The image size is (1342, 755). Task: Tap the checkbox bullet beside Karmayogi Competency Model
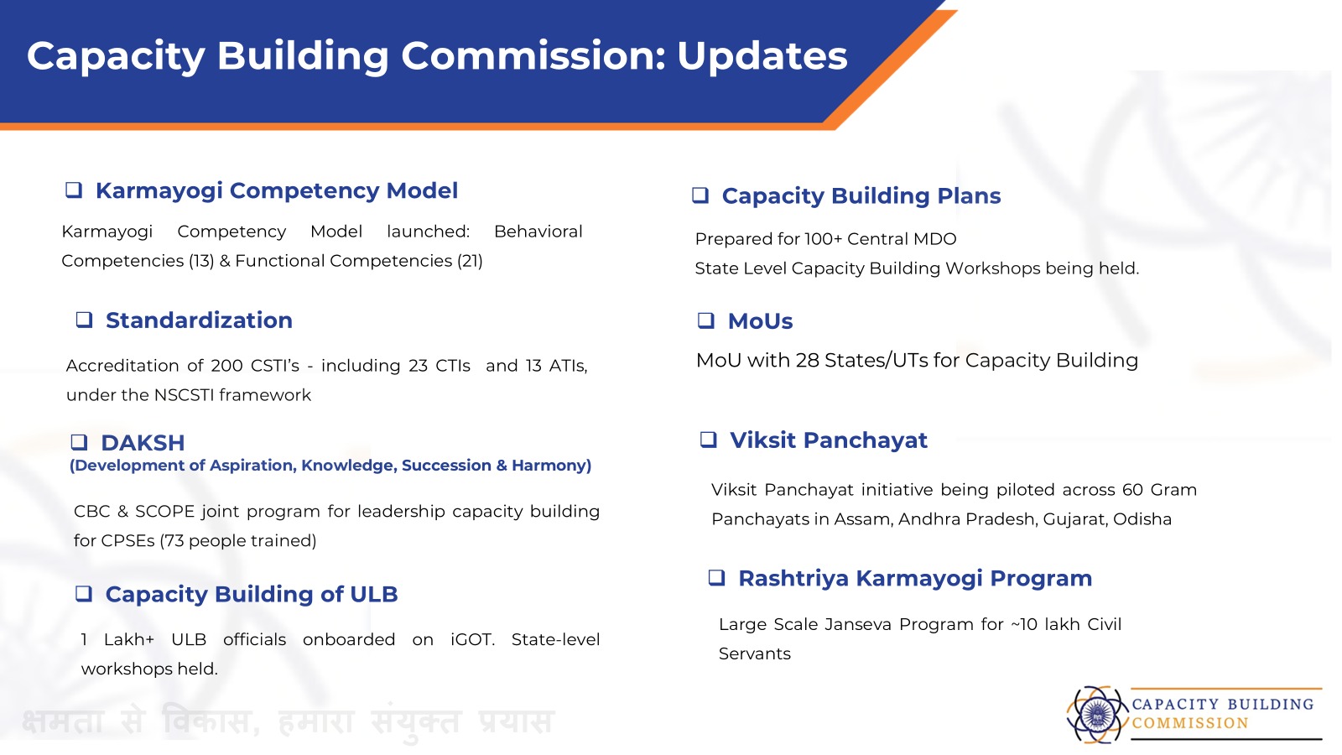click(x=74, y=190)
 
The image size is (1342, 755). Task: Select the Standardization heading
click(x=199, y=320)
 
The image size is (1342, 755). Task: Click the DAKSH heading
click(x=143, y=443)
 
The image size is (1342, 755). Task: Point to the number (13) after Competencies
click(x=201, y=261)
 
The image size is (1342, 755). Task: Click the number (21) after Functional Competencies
click(x=470, y=261)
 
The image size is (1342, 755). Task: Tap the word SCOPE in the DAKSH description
click(x=164, y=512)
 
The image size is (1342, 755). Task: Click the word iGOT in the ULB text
click(x=472, y=640)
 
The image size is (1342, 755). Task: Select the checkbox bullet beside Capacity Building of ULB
click(x=84, y=594)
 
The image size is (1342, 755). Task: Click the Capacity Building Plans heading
click(x=861, y=196)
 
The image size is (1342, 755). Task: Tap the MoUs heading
click(x=760, y=321)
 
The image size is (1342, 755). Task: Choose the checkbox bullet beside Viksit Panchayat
click(x=708, y=440)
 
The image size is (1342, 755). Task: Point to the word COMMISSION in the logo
click(x=1190, y=723)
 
